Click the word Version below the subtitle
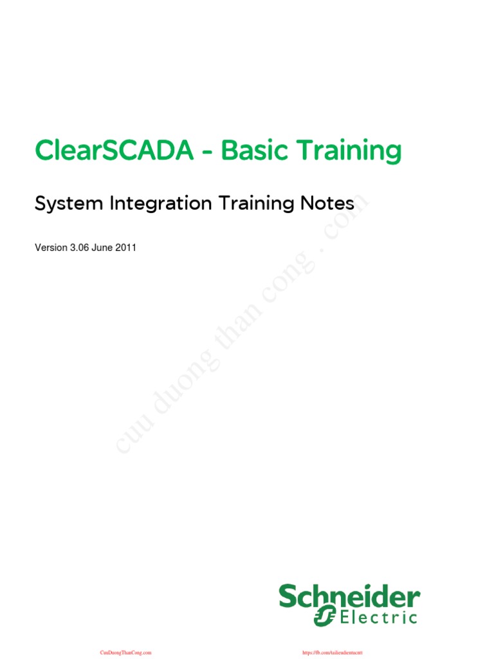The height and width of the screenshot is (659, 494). pyautogui.click(x=51, y=248)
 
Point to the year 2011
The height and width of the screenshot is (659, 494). pyautogui.click(x=127, y=248)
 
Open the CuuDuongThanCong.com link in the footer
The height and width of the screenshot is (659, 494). pyautogui.click(x=125, y=652)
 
